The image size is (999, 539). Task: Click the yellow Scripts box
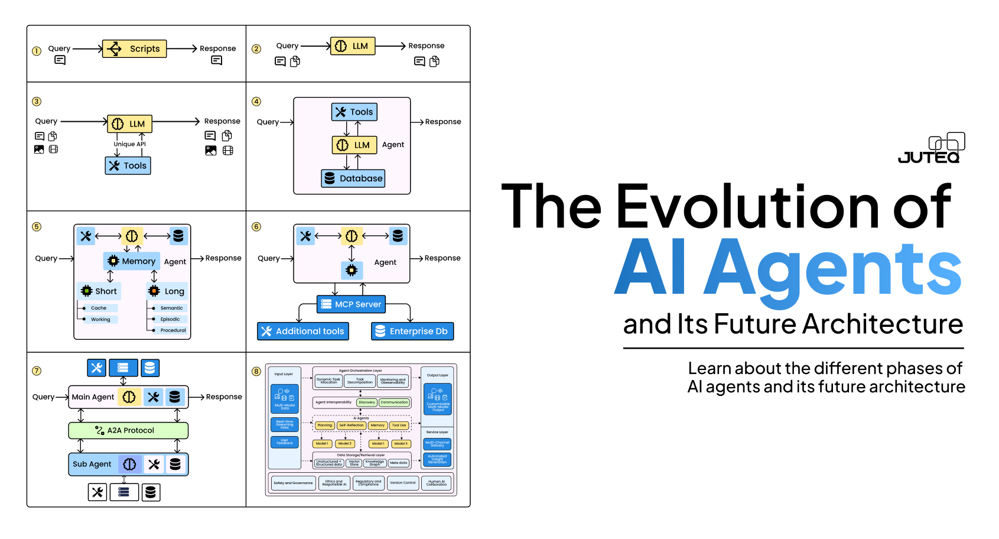pos(135,48)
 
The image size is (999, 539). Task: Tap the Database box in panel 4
pos(353,178)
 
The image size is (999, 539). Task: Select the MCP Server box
pos(351,304)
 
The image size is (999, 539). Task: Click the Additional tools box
pos(303,332)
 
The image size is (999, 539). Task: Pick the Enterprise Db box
pos(412,332)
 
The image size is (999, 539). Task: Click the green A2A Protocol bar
pos(128,430)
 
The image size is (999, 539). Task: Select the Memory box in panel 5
pos(131,261)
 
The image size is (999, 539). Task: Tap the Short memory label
pos(99,291)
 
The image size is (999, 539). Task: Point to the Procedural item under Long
pos(173,330)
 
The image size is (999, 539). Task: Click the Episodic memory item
pos(170,319)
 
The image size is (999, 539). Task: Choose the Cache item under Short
pos(99,308)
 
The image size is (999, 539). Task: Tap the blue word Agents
pos(833,269)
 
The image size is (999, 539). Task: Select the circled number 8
pos(256,371)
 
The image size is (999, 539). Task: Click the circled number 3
pos(37,102)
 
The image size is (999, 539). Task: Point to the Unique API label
pos(129,144)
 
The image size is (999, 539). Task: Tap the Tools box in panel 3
pos(128,166)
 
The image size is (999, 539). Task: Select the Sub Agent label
pos(92,465)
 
